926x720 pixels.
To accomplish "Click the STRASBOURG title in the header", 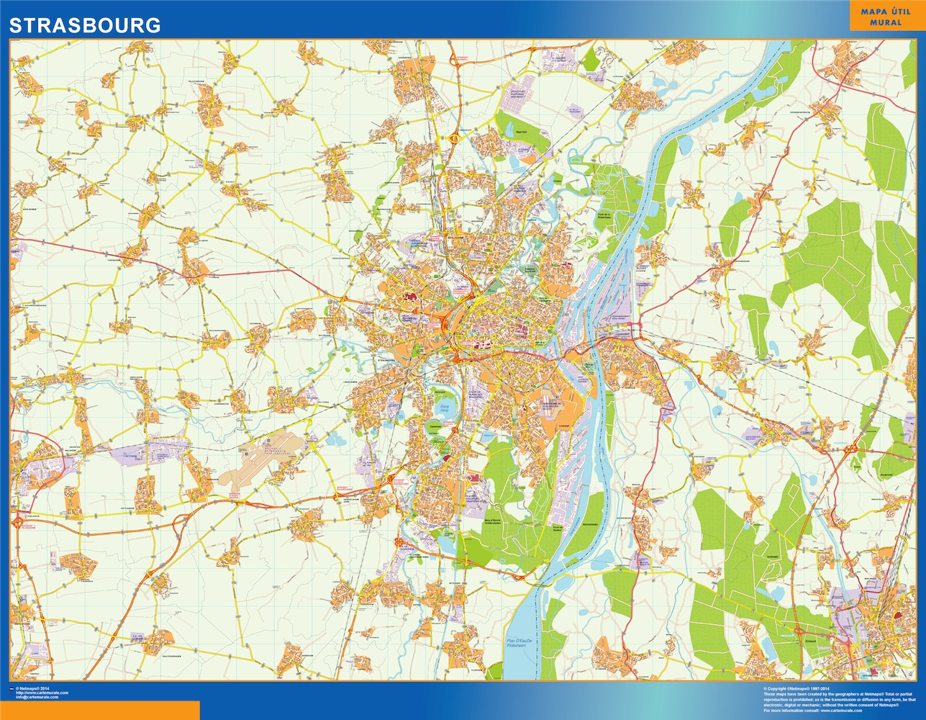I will click(84, 25).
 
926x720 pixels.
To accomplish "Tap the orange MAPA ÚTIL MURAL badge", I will click(884, 17).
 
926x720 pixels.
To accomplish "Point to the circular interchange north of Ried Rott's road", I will click(455, 136).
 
